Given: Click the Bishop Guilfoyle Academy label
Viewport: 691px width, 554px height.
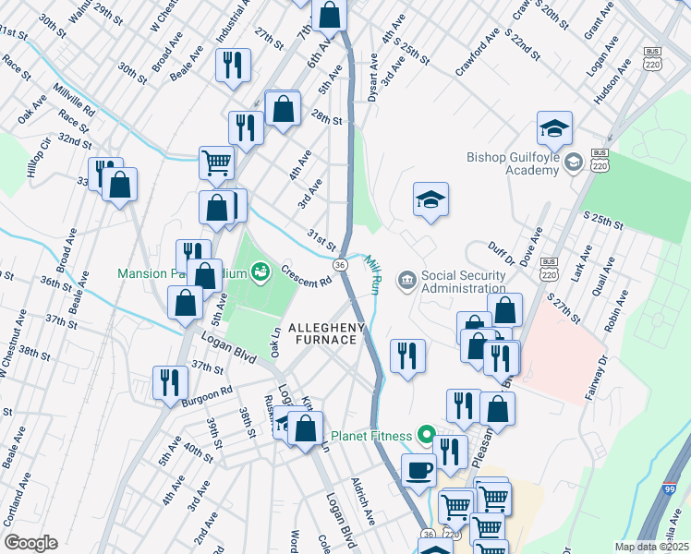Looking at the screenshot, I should (x=514, y=164).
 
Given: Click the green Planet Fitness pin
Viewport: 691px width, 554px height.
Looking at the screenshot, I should (x=426, y=433).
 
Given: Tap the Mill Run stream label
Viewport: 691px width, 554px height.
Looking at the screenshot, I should (x=371, y=275).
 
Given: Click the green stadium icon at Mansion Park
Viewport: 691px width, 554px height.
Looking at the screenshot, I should (x=262, y=271).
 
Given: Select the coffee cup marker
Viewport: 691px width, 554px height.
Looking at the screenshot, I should (x=418, y=469).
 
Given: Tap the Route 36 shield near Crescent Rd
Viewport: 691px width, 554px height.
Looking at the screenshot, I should (x=341, y=265).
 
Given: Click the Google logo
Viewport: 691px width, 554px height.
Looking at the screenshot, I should (x=30, y=543).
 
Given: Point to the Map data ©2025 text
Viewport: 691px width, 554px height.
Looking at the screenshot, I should (x=650, y=547).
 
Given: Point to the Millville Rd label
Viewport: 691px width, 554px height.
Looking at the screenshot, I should (x=74, y=99).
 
